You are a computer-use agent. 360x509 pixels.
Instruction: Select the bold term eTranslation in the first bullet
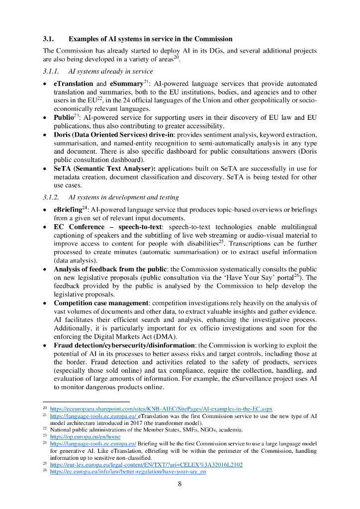pos(73,84)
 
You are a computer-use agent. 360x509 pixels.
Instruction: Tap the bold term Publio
pos(63,118)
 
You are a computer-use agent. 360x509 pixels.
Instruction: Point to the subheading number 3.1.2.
pos(51,198)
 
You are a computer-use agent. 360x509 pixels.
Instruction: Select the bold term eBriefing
pos(67,210)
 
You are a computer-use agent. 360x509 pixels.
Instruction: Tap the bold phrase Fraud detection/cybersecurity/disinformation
pos(125,345)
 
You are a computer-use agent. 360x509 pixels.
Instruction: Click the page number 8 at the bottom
pos(180,485)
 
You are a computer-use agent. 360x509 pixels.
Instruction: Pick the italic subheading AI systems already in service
pos(110,72)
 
